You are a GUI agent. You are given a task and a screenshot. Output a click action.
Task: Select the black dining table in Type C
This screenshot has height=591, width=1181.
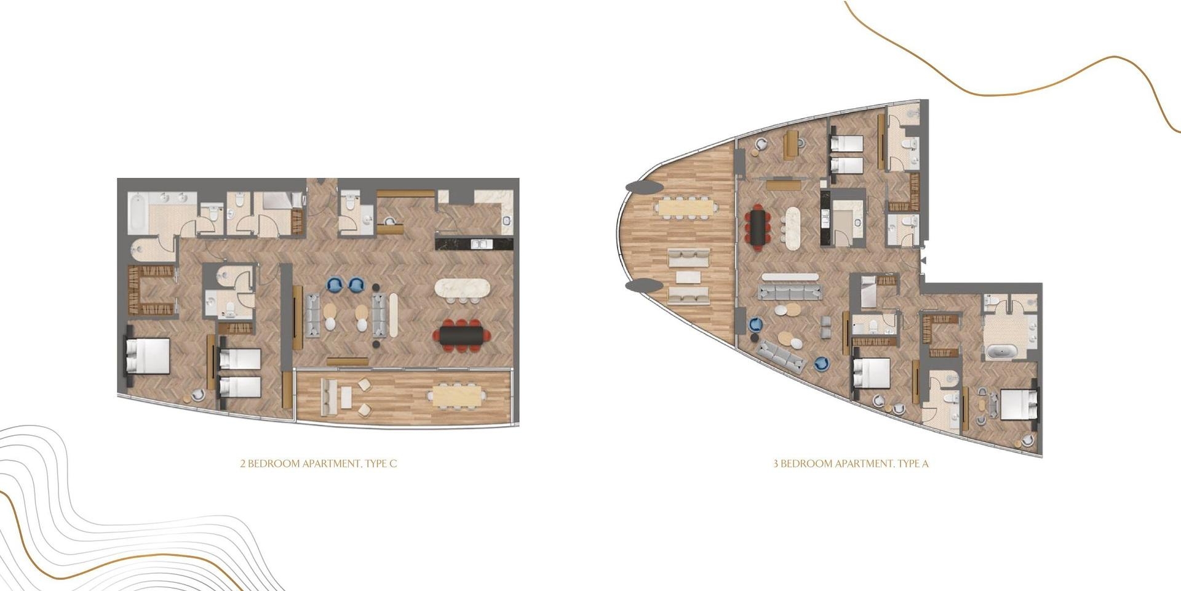(462, 335)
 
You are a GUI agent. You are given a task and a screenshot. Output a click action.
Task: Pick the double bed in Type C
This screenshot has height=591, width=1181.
(148, 356)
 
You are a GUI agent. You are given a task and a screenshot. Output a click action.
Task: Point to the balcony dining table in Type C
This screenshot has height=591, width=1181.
(458, 395)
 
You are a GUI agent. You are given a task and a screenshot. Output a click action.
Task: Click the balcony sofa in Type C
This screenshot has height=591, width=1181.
(327, 396)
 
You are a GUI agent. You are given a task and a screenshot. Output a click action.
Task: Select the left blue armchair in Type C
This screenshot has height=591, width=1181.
(335, 284)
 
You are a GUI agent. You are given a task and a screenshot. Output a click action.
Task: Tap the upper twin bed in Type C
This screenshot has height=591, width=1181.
(241, 359)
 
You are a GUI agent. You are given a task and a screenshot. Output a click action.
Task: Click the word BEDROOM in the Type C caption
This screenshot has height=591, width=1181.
(274, 464)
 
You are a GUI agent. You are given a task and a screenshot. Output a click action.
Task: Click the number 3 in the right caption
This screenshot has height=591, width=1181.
(776, 464)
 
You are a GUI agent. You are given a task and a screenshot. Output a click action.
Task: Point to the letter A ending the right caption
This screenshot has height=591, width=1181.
(925, 464)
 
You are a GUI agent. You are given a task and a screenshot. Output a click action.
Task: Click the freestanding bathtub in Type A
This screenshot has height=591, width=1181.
(1003, 352)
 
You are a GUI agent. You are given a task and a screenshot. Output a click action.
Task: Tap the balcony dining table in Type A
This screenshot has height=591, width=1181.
(685, 207)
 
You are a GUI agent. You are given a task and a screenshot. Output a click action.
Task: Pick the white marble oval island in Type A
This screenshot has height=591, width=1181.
(792, 228)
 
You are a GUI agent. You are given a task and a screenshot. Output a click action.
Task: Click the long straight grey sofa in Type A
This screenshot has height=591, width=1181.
(790, 291)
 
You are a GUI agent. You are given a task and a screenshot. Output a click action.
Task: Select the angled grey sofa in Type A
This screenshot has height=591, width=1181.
(781, 356)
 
